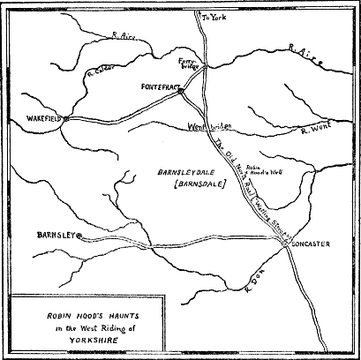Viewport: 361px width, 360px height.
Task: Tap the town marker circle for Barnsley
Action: point(79,236)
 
